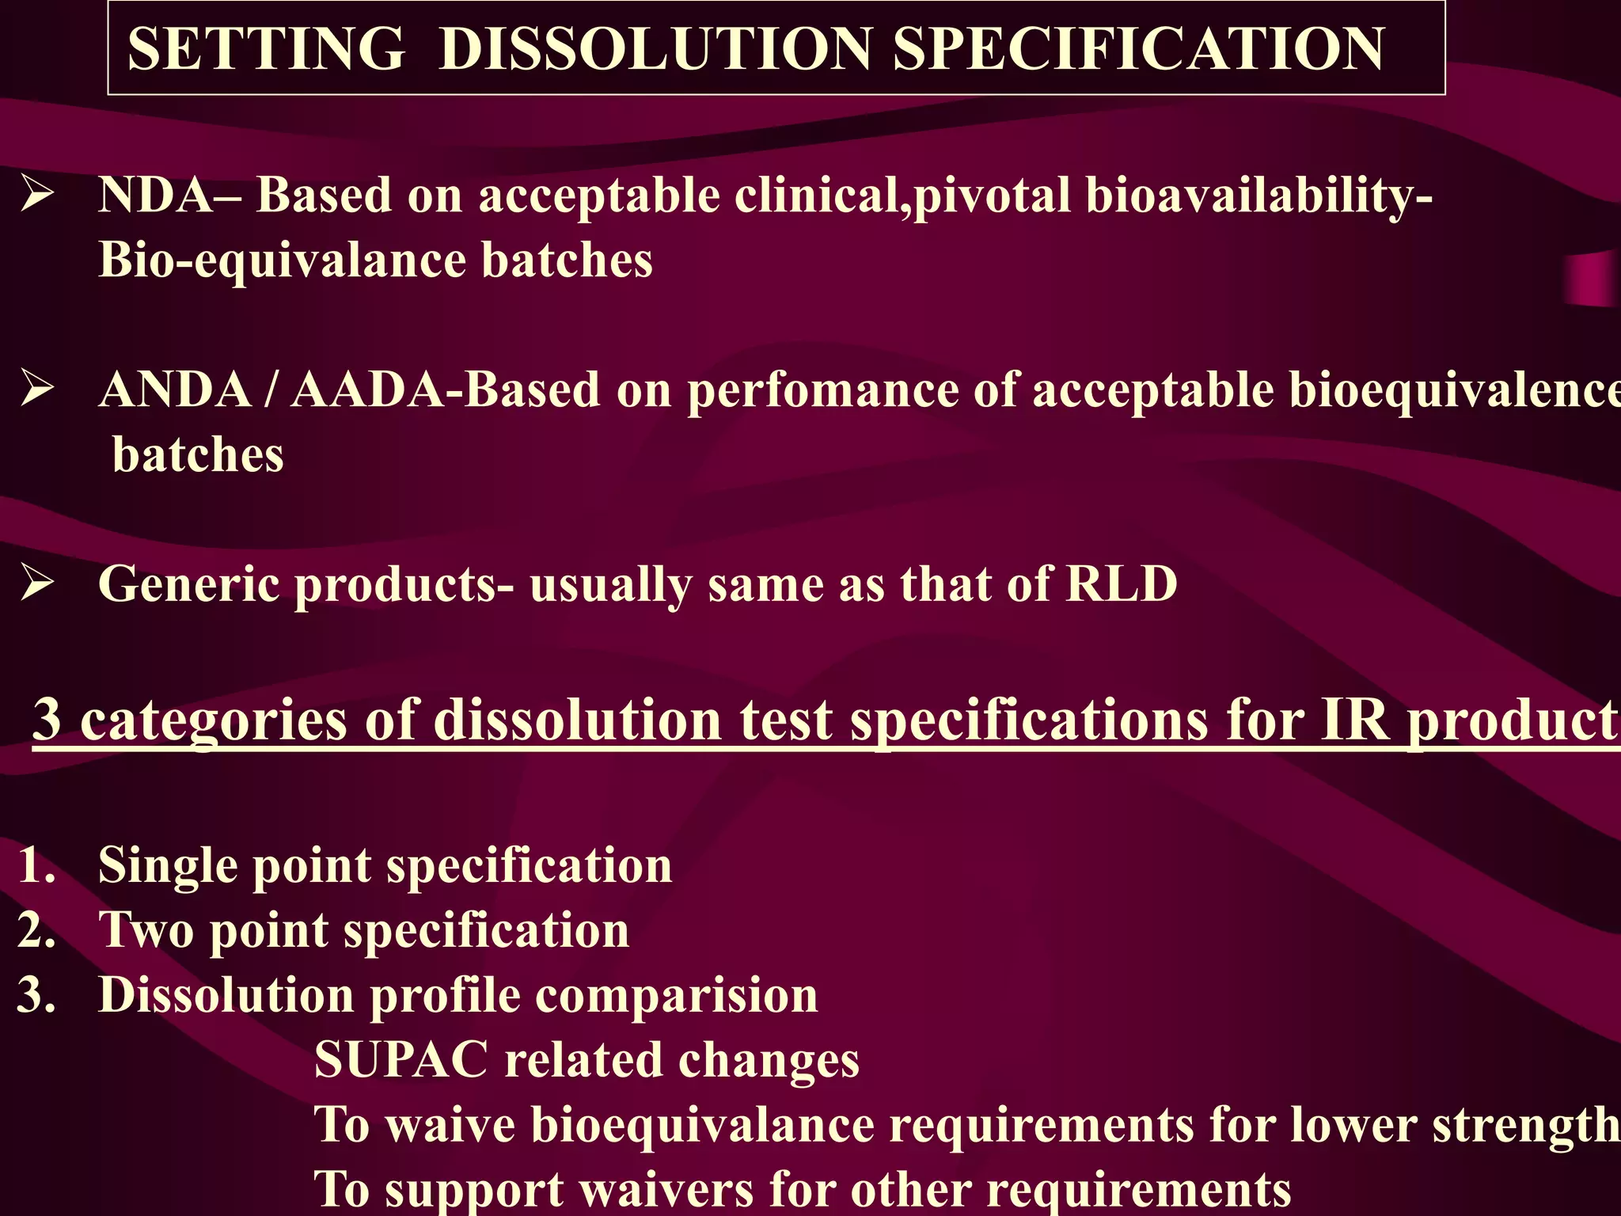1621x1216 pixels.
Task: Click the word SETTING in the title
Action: tap(266, 49)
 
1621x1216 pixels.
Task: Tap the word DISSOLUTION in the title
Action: tap(655, 49)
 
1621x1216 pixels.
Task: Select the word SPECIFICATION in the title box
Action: tap(1138, 49)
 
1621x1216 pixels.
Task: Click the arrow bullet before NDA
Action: tap(37, 195)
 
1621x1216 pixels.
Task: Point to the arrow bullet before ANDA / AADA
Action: tap(37, 389)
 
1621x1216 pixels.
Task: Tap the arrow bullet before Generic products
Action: tap(37, 584)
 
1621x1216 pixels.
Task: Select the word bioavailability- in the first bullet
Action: tap(1258, 195)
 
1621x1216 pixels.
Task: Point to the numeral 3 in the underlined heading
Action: tap(47, 719)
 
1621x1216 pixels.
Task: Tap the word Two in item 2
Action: tap(146, 929)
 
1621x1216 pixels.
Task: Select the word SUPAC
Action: tap(401, 1059)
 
